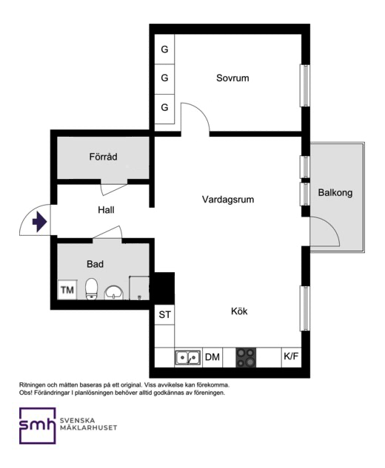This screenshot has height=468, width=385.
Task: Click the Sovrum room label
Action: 232,78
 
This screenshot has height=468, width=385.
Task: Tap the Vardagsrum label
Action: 228,200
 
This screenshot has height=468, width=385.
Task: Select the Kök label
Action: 239,311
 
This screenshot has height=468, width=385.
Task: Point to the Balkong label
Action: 335,193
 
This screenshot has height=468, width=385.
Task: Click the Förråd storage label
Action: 103,157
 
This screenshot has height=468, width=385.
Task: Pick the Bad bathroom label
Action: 95,264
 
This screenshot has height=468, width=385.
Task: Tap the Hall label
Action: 106,210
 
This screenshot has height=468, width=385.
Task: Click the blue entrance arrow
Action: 39,222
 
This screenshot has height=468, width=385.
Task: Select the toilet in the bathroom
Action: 91,289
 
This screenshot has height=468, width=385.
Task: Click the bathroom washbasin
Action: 113,293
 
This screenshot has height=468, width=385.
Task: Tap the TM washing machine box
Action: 67,290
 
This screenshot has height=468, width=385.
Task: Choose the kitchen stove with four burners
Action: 246,357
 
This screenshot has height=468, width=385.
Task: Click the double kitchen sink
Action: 188,358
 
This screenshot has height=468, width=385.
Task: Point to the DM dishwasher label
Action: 212,357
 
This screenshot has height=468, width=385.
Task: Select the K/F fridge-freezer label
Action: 291,356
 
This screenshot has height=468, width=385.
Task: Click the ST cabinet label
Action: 164,314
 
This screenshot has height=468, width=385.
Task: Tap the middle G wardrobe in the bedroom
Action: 164,78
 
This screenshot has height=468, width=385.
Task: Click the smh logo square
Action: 38,426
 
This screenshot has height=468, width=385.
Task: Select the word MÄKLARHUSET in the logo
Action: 89,428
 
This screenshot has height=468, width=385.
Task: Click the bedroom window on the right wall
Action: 305,85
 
